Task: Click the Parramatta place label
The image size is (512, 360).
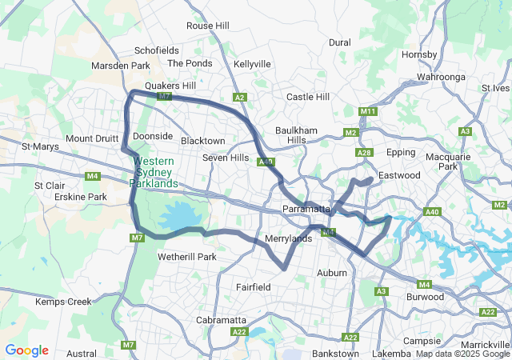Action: coord(306,209)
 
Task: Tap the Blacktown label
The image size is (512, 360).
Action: coord(202,141)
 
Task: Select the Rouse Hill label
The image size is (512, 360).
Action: coord(207,26)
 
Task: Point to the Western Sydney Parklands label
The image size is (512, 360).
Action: coord(155,173)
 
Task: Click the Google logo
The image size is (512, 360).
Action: coord(26,350)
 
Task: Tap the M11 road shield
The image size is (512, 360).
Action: coord(368,111)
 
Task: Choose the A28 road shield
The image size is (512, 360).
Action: coord(365,152)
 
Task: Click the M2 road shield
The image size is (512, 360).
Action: coord(350,132)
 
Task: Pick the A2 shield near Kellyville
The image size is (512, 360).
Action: coord(240,98)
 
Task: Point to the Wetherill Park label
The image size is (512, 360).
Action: coord(186,257)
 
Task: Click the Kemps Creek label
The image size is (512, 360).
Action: coord(64,302)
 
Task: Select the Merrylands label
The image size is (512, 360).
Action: coord(288,238)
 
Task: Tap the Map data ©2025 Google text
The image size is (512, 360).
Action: coord(462,354)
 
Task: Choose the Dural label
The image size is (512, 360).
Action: coord(339,42)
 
